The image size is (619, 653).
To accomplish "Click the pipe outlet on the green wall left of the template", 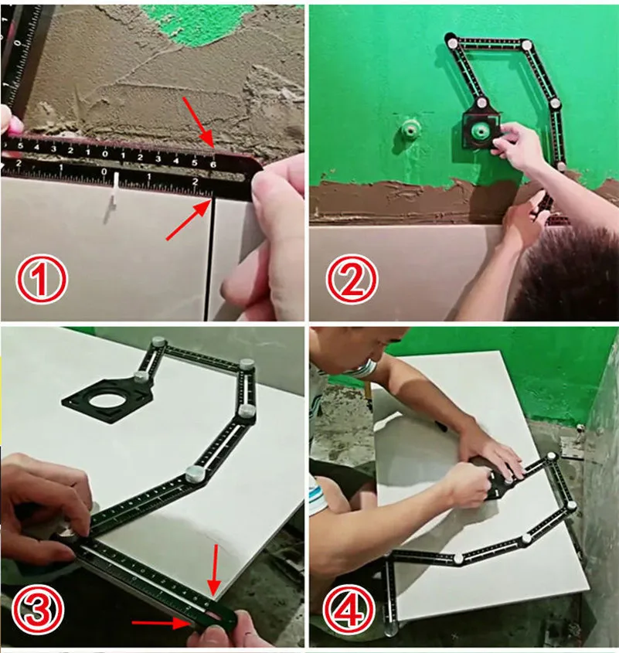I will (408, 133).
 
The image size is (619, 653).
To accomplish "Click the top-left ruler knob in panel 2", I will (451, 38).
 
